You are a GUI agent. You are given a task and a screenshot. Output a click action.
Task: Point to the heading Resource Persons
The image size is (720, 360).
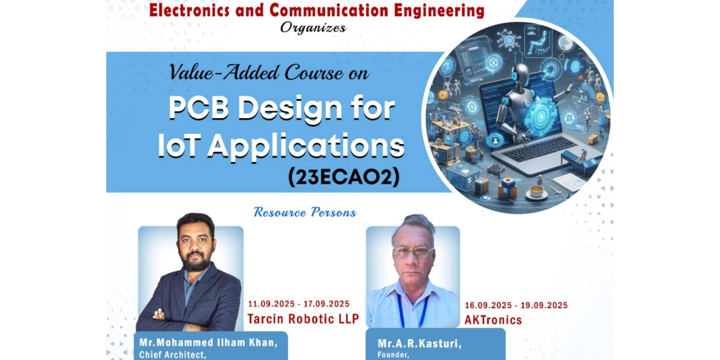pyautogui.click(x=305, y=212)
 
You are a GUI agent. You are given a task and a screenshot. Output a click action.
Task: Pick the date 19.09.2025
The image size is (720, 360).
pyautogui.click(x=544, y=305)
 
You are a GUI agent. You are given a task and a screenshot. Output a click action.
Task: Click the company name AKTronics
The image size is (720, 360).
pyautogui.click(x=493, y=320)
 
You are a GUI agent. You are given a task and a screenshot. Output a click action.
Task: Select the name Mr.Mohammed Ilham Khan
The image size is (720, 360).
pyautogui.click(x=208, y=343)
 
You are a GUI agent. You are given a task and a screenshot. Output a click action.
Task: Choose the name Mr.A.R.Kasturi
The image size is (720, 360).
pyautogui.click(x=419, y=344)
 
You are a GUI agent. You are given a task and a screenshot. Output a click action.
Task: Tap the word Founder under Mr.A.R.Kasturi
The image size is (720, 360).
pyautogui.click(x=393, y=355)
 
